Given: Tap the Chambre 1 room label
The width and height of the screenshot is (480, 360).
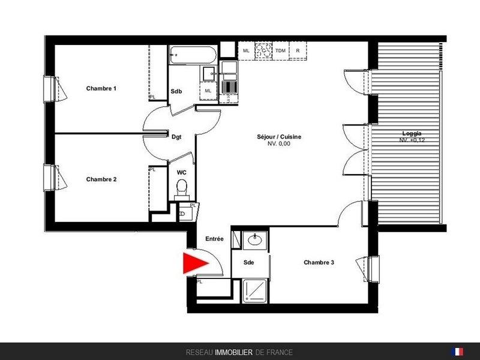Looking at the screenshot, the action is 101,88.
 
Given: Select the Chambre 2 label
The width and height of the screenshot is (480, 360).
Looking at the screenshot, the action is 101,179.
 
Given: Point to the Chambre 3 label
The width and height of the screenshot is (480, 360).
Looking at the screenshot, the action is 319,262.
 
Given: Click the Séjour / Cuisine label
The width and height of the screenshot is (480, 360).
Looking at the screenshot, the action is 279,137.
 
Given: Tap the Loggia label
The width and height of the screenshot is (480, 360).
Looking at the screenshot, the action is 412,133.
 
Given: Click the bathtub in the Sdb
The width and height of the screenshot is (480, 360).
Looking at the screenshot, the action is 193,55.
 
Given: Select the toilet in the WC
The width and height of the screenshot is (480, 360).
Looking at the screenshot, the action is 182,189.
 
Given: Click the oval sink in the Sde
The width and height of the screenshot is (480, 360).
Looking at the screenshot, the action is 254,239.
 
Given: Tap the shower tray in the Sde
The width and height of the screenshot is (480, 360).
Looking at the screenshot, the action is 254,291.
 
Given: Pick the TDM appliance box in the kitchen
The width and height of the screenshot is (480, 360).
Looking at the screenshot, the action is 280,51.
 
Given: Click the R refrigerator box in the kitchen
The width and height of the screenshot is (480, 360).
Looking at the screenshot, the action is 298,51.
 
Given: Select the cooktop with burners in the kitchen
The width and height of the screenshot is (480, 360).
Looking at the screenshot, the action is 263,51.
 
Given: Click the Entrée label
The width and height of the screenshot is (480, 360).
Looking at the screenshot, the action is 214,239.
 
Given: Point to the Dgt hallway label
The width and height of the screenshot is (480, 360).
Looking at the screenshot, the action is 176,137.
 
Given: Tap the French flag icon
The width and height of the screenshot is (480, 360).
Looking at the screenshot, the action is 457,352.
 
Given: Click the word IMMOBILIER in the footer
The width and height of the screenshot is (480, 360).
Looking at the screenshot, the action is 233,353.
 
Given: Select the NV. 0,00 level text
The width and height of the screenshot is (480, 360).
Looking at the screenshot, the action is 279,143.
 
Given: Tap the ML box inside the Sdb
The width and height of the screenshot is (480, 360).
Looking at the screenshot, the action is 208,91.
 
